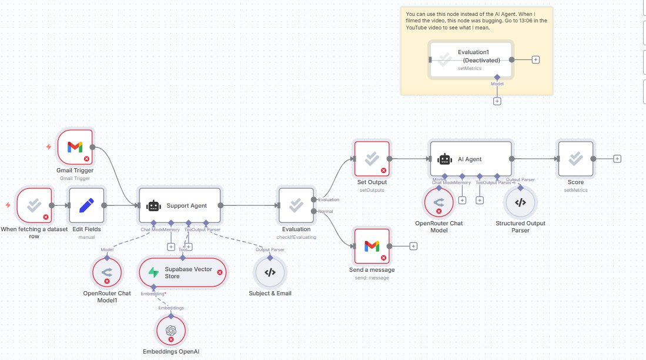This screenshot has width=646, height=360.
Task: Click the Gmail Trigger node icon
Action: pos(75,147)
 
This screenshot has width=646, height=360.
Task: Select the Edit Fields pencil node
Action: pos(86,205)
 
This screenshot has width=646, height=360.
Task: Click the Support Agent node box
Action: pos(179,205)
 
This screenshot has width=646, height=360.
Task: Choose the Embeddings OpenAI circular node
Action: pos(171,331)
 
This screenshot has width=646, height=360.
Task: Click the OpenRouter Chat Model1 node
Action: pos(107,272)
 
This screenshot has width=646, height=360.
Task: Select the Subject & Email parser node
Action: pos(270,272)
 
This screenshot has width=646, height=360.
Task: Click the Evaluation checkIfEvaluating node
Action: pos(296,205)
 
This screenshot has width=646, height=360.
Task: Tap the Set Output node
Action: pos(371,159)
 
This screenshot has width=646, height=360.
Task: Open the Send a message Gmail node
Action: pos(371,246)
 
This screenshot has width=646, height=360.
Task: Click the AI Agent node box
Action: pos(471,159)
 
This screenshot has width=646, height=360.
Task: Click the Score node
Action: pos(576,159)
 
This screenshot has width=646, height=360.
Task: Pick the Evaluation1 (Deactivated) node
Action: pos(471,59)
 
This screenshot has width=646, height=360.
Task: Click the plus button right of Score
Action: pos(617,159)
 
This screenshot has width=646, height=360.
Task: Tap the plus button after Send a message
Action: pos(413,246)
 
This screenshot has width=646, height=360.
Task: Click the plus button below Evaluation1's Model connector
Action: pos(497,101)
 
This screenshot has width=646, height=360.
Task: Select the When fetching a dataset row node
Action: pos(34,205)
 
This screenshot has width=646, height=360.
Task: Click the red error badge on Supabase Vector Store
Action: pos(220,272)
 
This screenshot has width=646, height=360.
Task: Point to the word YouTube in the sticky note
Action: pos(419,28)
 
